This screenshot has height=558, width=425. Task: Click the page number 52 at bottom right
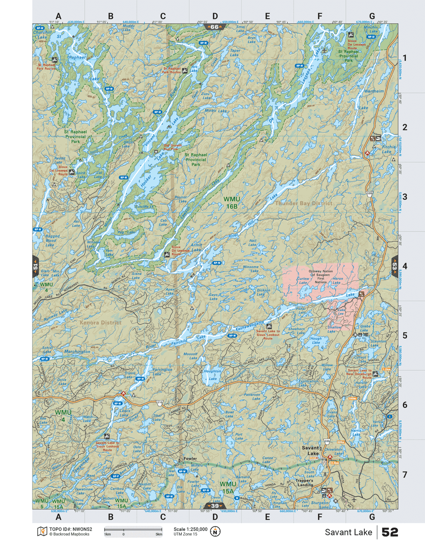click(390, 532)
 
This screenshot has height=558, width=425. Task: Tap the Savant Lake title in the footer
click(348, 532)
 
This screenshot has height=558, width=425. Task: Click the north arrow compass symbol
click(215, 532)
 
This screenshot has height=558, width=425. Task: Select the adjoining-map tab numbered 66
click(215, 27)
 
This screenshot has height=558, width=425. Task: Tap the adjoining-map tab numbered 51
click(35, 267)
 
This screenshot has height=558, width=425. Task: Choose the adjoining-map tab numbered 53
click(395, 266)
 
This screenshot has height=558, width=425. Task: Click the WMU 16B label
click(231, 203)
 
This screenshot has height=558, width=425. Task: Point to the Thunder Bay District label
click(304, 203)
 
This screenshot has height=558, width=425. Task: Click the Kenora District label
click(100, 323)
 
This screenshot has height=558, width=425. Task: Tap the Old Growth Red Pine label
click(173, 147)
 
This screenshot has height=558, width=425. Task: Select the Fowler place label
click(190, 458)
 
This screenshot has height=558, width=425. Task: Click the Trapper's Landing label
click(304, 483)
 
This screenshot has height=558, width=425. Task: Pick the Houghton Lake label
click(212, 375)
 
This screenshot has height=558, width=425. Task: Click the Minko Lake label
click(216, 111)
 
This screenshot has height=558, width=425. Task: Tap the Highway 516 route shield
click(160, 403)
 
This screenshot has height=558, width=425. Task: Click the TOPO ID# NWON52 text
click(70, 529)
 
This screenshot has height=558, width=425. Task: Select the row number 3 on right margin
click(405, 197)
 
